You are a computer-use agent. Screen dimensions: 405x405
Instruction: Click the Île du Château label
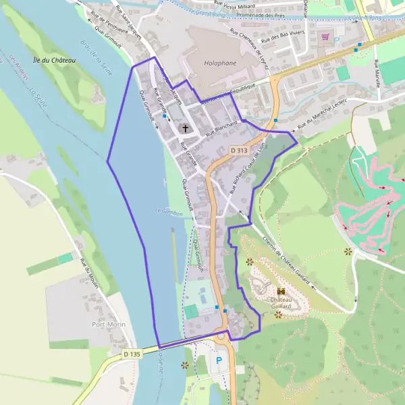[55, 60]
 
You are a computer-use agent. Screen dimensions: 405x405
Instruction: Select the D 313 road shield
[238, 149]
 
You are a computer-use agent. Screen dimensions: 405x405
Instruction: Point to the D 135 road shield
[132, 353]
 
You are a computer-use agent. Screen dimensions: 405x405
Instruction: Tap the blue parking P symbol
[218, 361]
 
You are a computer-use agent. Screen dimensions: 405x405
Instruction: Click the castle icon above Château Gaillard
[281, 292]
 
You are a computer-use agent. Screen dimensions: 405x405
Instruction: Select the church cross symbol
[186, 128]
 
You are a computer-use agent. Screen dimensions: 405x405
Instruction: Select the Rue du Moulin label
[90, 274]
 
